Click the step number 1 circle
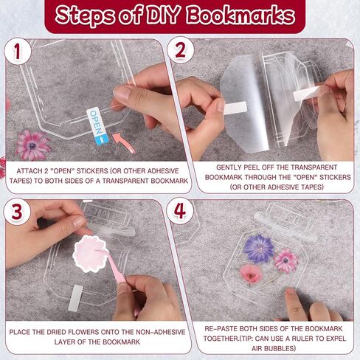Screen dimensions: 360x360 pos(18,51)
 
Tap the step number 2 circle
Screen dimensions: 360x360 pos(180,50)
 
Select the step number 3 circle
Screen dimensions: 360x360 pos(17,212)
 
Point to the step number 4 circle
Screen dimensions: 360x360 pos(180,211)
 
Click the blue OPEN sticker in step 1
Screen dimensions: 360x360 pos(97,126)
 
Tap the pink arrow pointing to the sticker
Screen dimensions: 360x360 pos(124,142)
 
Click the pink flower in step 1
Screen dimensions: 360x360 pos(32,145)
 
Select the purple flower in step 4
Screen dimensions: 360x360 pos(259,249)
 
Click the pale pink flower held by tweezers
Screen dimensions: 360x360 pos(90,254)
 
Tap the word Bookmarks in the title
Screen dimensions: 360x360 pos(240,15)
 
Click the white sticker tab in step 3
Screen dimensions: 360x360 pos(75,298)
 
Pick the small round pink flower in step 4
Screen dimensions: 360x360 pos(250,274)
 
